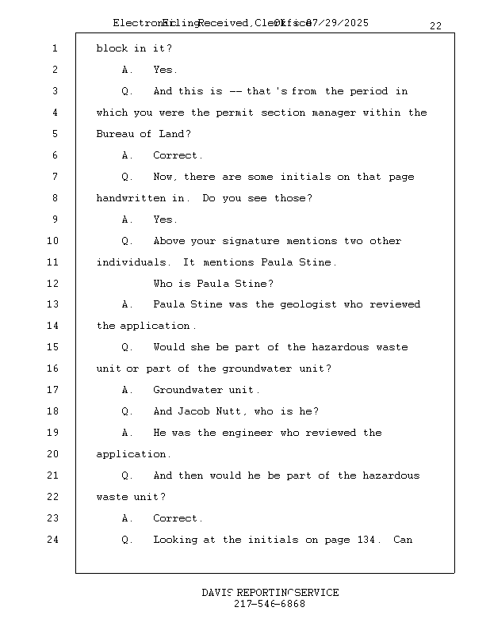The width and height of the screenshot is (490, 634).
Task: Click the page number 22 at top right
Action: [x=435, y=26]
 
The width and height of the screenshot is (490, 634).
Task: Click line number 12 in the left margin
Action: [x=52, y=284]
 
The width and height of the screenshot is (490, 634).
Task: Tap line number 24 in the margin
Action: [x=52, y=540]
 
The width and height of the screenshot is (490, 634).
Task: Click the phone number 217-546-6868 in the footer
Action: [x=270, y=604]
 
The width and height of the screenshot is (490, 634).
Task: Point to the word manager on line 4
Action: [x=334, y=113]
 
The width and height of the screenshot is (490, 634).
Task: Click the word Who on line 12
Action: [x=163, y=284]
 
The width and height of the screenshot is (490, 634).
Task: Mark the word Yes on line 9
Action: [x=165, y=220]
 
